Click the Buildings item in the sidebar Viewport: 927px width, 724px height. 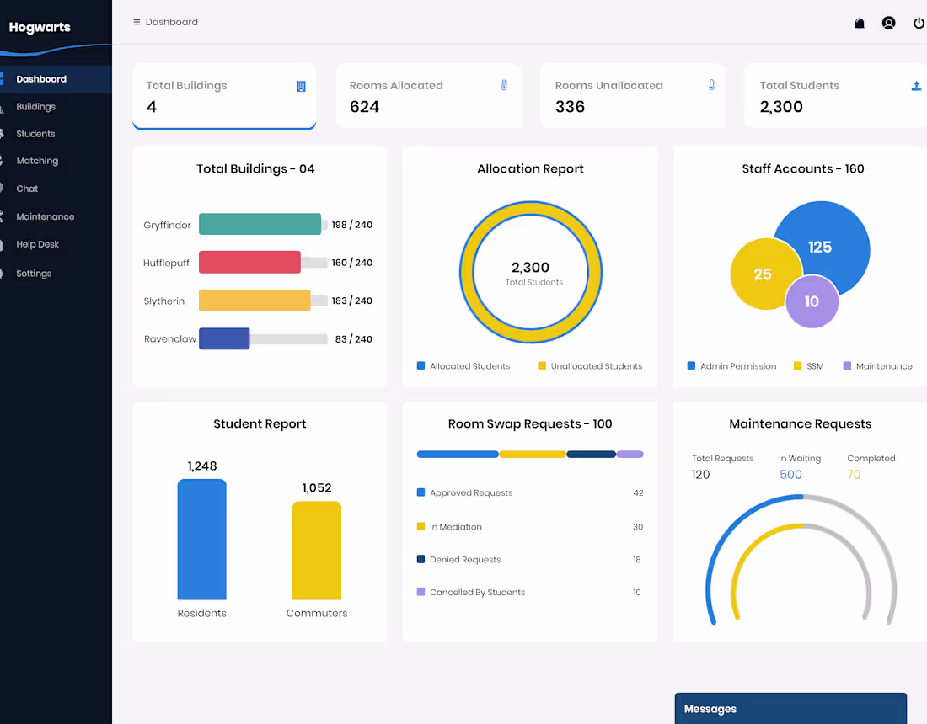35,107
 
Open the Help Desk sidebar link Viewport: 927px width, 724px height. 37,244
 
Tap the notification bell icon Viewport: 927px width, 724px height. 860,24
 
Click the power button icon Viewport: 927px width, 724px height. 919,24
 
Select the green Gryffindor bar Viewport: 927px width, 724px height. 260,224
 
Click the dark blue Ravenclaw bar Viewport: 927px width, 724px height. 224,338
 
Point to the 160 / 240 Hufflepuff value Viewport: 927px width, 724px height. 351,263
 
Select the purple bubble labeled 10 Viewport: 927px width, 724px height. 812,301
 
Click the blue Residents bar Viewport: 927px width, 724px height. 201,539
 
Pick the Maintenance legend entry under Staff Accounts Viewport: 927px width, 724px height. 883,366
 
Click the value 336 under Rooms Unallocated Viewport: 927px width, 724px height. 570,107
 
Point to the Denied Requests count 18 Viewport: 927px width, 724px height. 637,560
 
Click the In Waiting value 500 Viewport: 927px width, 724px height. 790,475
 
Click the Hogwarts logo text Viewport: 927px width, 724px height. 40,27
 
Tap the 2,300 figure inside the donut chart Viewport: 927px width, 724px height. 530,268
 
